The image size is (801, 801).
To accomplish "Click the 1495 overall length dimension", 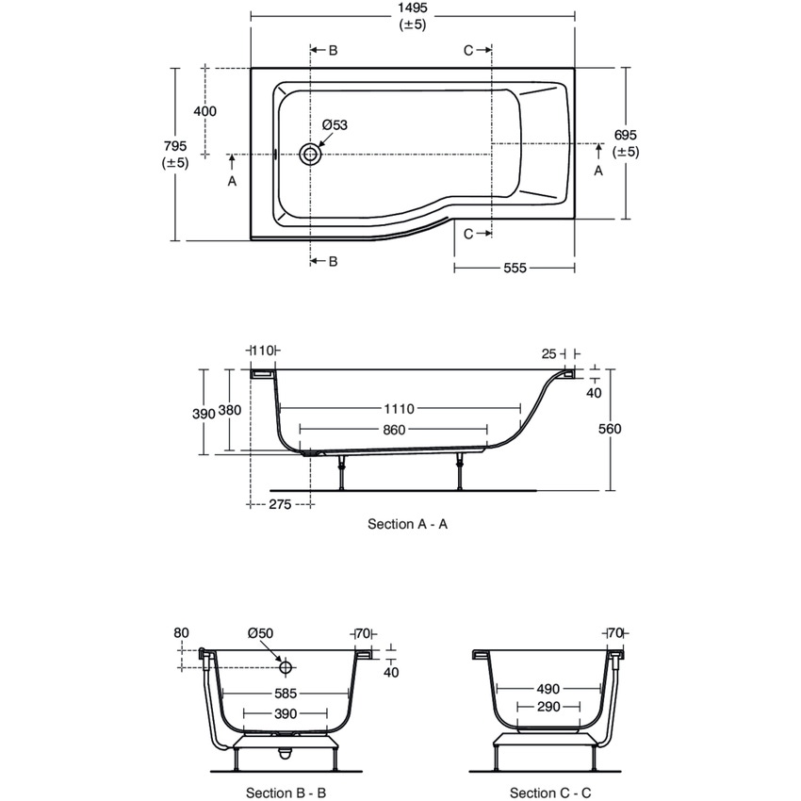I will [413, 9].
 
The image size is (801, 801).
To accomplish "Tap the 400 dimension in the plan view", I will [204, 111].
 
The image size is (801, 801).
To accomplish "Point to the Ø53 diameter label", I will [335, 125].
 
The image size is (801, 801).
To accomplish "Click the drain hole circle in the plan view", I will [309, 154].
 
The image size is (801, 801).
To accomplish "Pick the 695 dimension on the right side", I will [626, 136].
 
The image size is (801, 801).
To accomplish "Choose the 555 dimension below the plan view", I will [515, 269].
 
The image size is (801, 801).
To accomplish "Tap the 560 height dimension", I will [610, 429].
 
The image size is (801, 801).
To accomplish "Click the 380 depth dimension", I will [229, 410].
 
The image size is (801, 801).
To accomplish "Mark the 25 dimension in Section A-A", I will [549, 353].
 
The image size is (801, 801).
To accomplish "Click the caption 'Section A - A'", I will [407, 524].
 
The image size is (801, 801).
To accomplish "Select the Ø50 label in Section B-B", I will [260, 633].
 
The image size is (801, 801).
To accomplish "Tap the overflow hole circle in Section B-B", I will [285, 667].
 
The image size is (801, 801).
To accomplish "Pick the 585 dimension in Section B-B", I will [285, 694].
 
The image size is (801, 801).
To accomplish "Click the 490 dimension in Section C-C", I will [548, 690].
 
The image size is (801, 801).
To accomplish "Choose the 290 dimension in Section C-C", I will [548, 707].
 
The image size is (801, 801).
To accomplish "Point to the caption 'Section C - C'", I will [550, 793].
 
